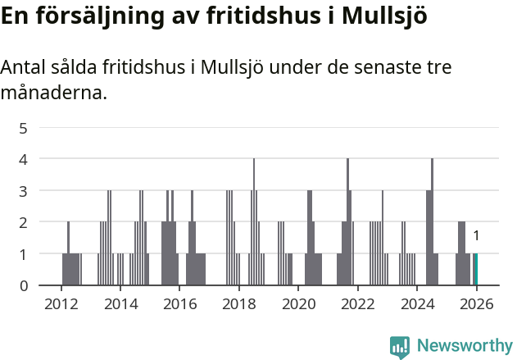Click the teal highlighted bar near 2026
click(x=475, y=270)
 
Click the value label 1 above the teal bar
click(x=476, y=236)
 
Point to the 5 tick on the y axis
click(x=24, y=128)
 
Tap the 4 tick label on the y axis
click(x=24, y=159)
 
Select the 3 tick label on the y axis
click(x=24, y=191)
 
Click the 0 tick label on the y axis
click(x=24, y=285)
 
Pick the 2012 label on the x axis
click(x=61, y=304)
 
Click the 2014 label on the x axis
click(x=120, y=304)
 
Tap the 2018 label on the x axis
click(x=239, y=304)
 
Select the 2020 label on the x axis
click(x=298, y=304)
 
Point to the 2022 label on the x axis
click(x=357, y=304)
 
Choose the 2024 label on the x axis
click(x=417, y=304)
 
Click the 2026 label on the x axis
click(x=476, y=304)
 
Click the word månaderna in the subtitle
click(x=53, y=93)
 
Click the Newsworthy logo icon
click(x=400, y=347)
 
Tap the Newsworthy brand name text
click(x=464, y=346)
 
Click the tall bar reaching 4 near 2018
click(x=254, y=221)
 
